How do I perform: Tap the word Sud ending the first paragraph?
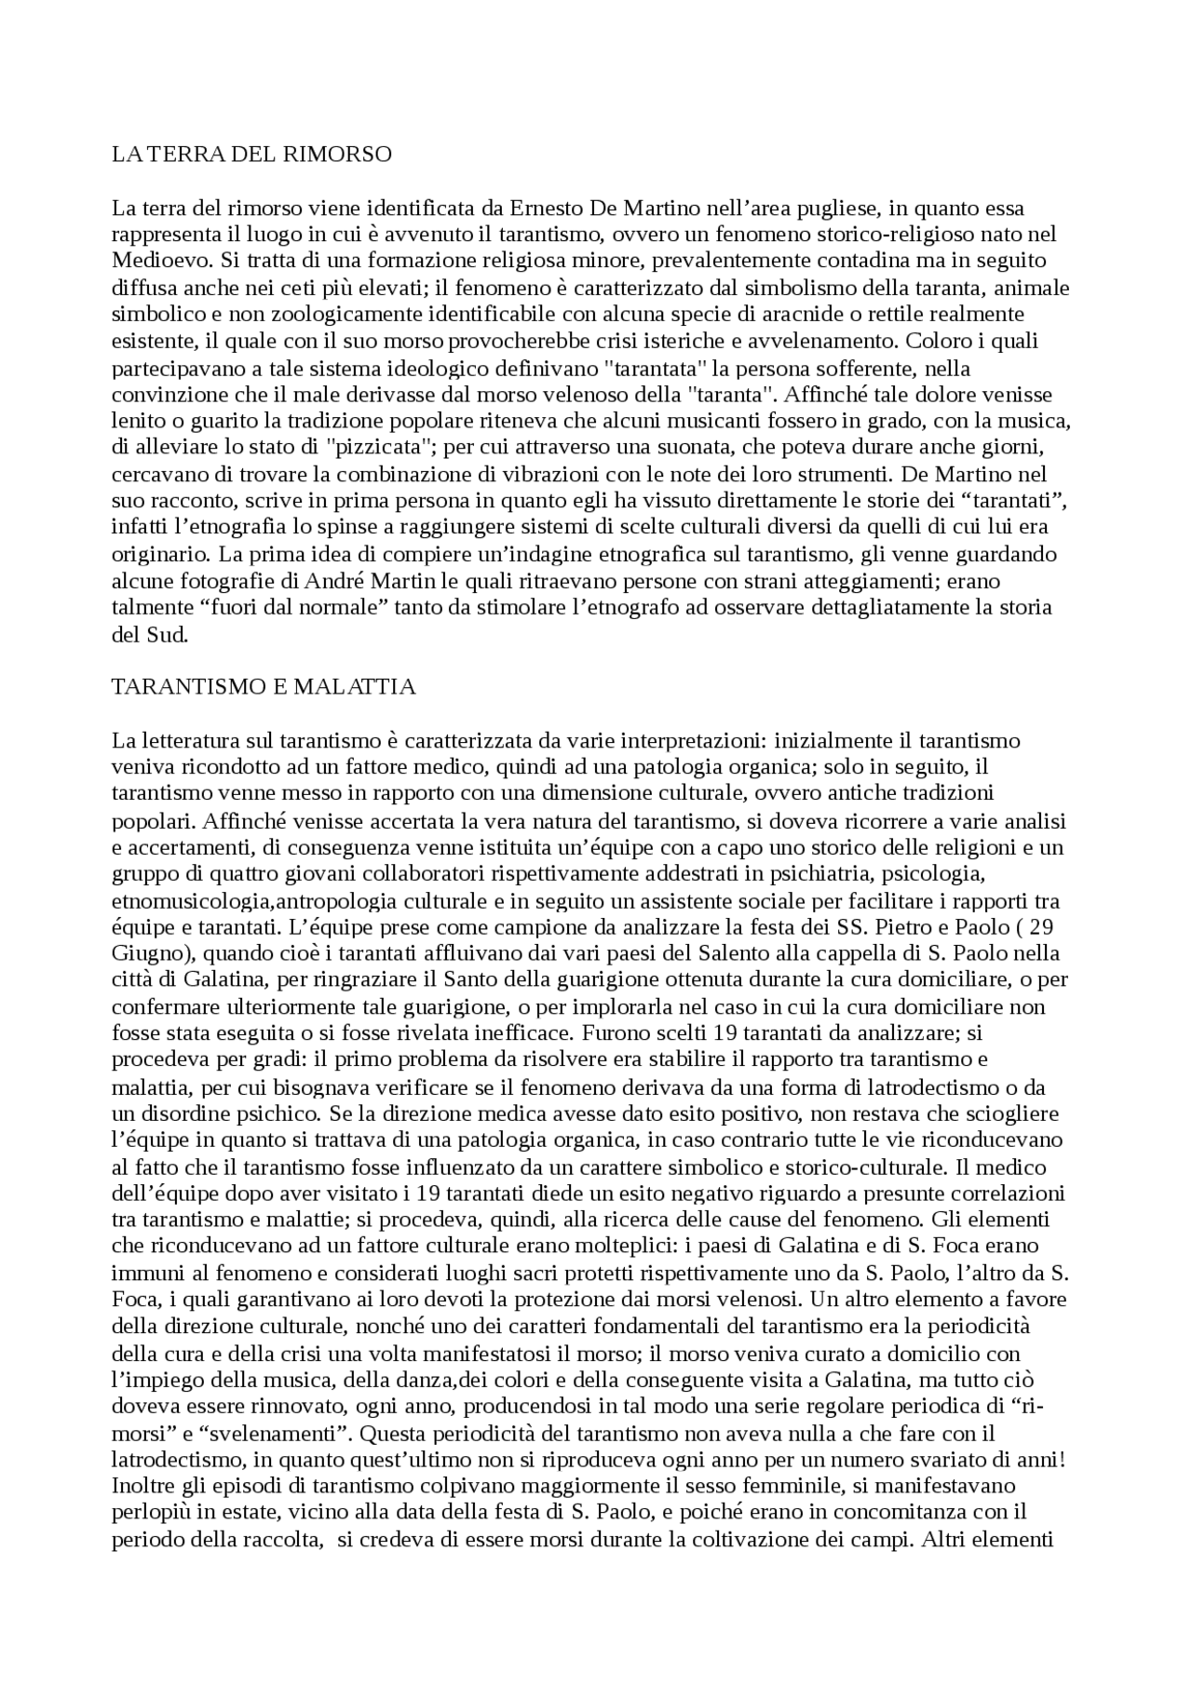tap(171, 635)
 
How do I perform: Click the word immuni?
tap(139, 1273)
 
